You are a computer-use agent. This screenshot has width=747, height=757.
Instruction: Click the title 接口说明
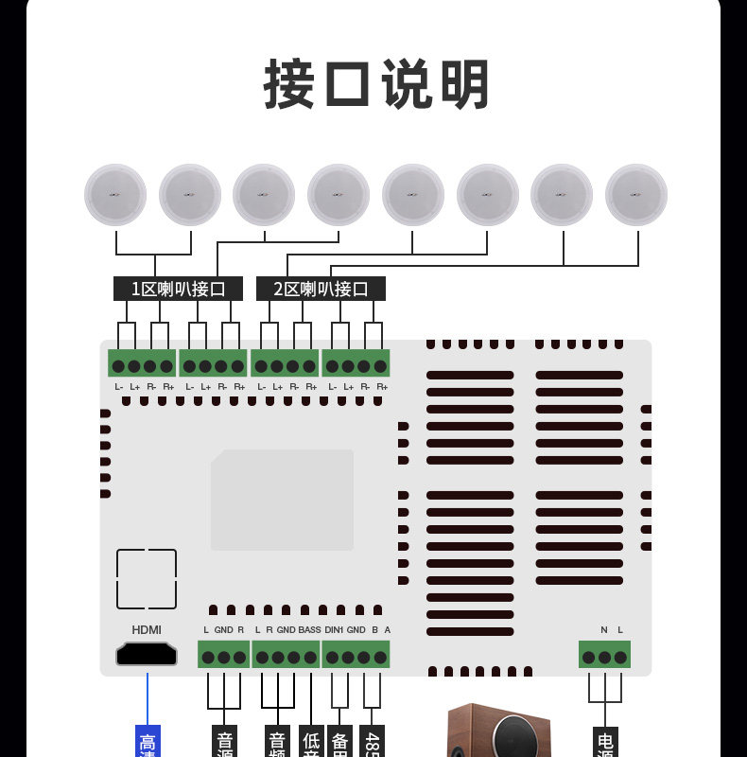(376, 85)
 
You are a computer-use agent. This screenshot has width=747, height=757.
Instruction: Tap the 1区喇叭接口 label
(178, 289)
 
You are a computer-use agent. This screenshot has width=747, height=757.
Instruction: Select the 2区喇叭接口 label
(321, 289)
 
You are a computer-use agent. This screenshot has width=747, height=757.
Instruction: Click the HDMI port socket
(147, 654)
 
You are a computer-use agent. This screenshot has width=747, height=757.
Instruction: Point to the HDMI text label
(147, 630)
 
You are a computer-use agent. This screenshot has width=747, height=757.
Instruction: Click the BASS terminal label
(310, 630)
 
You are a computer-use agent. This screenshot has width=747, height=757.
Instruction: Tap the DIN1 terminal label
(334, 630)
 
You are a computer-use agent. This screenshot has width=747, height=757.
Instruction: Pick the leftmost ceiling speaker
(116, 195)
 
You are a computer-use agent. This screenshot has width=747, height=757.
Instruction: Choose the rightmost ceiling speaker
(636, 195)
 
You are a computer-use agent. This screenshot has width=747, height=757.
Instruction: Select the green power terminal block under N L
(604, 656)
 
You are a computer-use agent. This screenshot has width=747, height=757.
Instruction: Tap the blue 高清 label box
(148, 743)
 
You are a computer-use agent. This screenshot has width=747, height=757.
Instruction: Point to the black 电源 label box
(605, 743)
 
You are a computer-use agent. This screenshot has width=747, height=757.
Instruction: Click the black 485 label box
(373, 743)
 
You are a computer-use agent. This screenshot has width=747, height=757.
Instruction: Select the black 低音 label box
(311, 743)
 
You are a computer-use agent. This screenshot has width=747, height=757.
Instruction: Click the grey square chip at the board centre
(282, 500)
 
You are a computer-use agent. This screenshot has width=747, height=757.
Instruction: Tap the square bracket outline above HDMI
(147, 579)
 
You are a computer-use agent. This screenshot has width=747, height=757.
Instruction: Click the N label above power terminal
(603, 630)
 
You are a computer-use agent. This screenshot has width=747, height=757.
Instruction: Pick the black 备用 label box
(341, 743)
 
